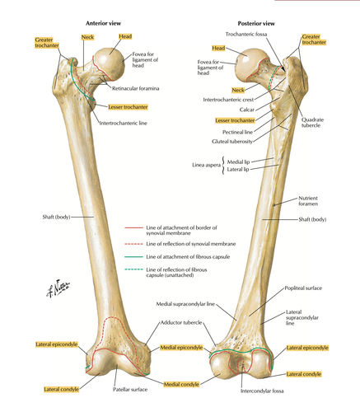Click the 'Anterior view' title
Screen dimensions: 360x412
[x=103, y=23]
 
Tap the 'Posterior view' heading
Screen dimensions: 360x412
[x=256, y=24]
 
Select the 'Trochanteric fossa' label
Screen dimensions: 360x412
[x=246, y=35]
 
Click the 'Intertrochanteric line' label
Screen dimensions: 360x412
[x=123, y=123]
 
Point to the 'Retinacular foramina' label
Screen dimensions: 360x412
[x=135, y=88]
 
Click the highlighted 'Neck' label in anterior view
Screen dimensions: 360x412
[x=87, y=37]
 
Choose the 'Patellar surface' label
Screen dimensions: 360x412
[x=130, y=390]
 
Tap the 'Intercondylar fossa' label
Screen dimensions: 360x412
[x=262, y=391]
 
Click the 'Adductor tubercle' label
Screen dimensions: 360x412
[x=181, y=322]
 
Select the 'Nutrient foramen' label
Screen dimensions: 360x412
[x=308, y=201]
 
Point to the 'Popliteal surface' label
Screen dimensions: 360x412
[x=303, y=288]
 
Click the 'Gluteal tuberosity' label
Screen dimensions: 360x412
[x=232, y=142]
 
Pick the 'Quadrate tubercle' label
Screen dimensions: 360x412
[x=312, y=123]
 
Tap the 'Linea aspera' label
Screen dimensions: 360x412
[x=206, y=165]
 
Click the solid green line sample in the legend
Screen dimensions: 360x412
[x=133, y=257]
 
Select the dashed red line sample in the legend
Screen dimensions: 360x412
[x=133, y=244]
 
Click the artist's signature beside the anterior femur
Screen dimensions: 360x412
[x=58, y=288]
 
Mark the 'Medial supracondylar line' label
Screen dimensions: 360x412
[x=185, y=304]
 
